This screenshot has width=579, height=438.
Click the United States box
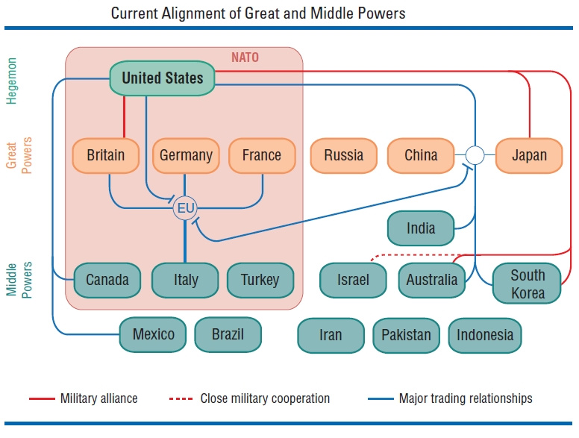pyautogui.click(x=162, y=78)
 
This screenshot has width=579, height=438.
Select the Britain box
pyautogui.click(x=106, y=155)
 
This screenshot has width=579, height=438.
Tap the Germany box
pyautogui.click(x=186, y=155)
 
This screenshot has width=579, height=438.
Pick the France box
pyautogui.click(x=261, y=155)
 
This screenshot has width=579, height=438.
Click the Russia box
pyautogui.click(x=344, y=155)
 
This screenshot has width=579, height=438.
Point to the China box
pyautogui.click(x=421, y=155)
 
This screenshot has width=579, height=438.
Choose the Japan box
pyautogui.click(x=529, y=155)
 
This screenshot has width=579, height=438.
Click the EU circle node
pyautogui.click(x=184, y=208)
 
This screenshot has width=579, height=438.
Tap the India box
pyautogui.click(x=421, y=228)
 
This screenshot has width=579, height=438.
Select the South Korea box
pyautogui.click(x=528, y=284)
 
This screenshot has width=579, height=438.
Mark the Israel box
pyautogui.click(x=353, y=280)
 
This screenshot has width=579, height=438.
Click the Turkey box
pyautogui.click(x=260, y=280)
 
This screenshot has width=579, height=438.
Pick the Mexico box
pyautogui.click(x=154, y=334)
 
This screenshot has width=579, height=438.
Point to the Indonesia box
pyautogui.click(x=485, y=335)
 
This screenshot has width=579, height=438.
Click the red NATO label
pyautogui.click(x=245, y=57)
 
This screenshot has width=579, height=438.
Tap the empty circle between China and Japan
pyautogui.click(x=475, y=155)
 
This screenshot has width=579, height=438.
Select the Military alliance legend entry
pyautogui.click(x=84, y=398)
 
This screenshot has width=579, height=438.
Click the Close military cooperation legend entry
pyautogui.click(x=249, y=398)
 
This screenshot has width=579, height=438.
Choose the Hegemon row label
pyautogui.click(x=11, y=80)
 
